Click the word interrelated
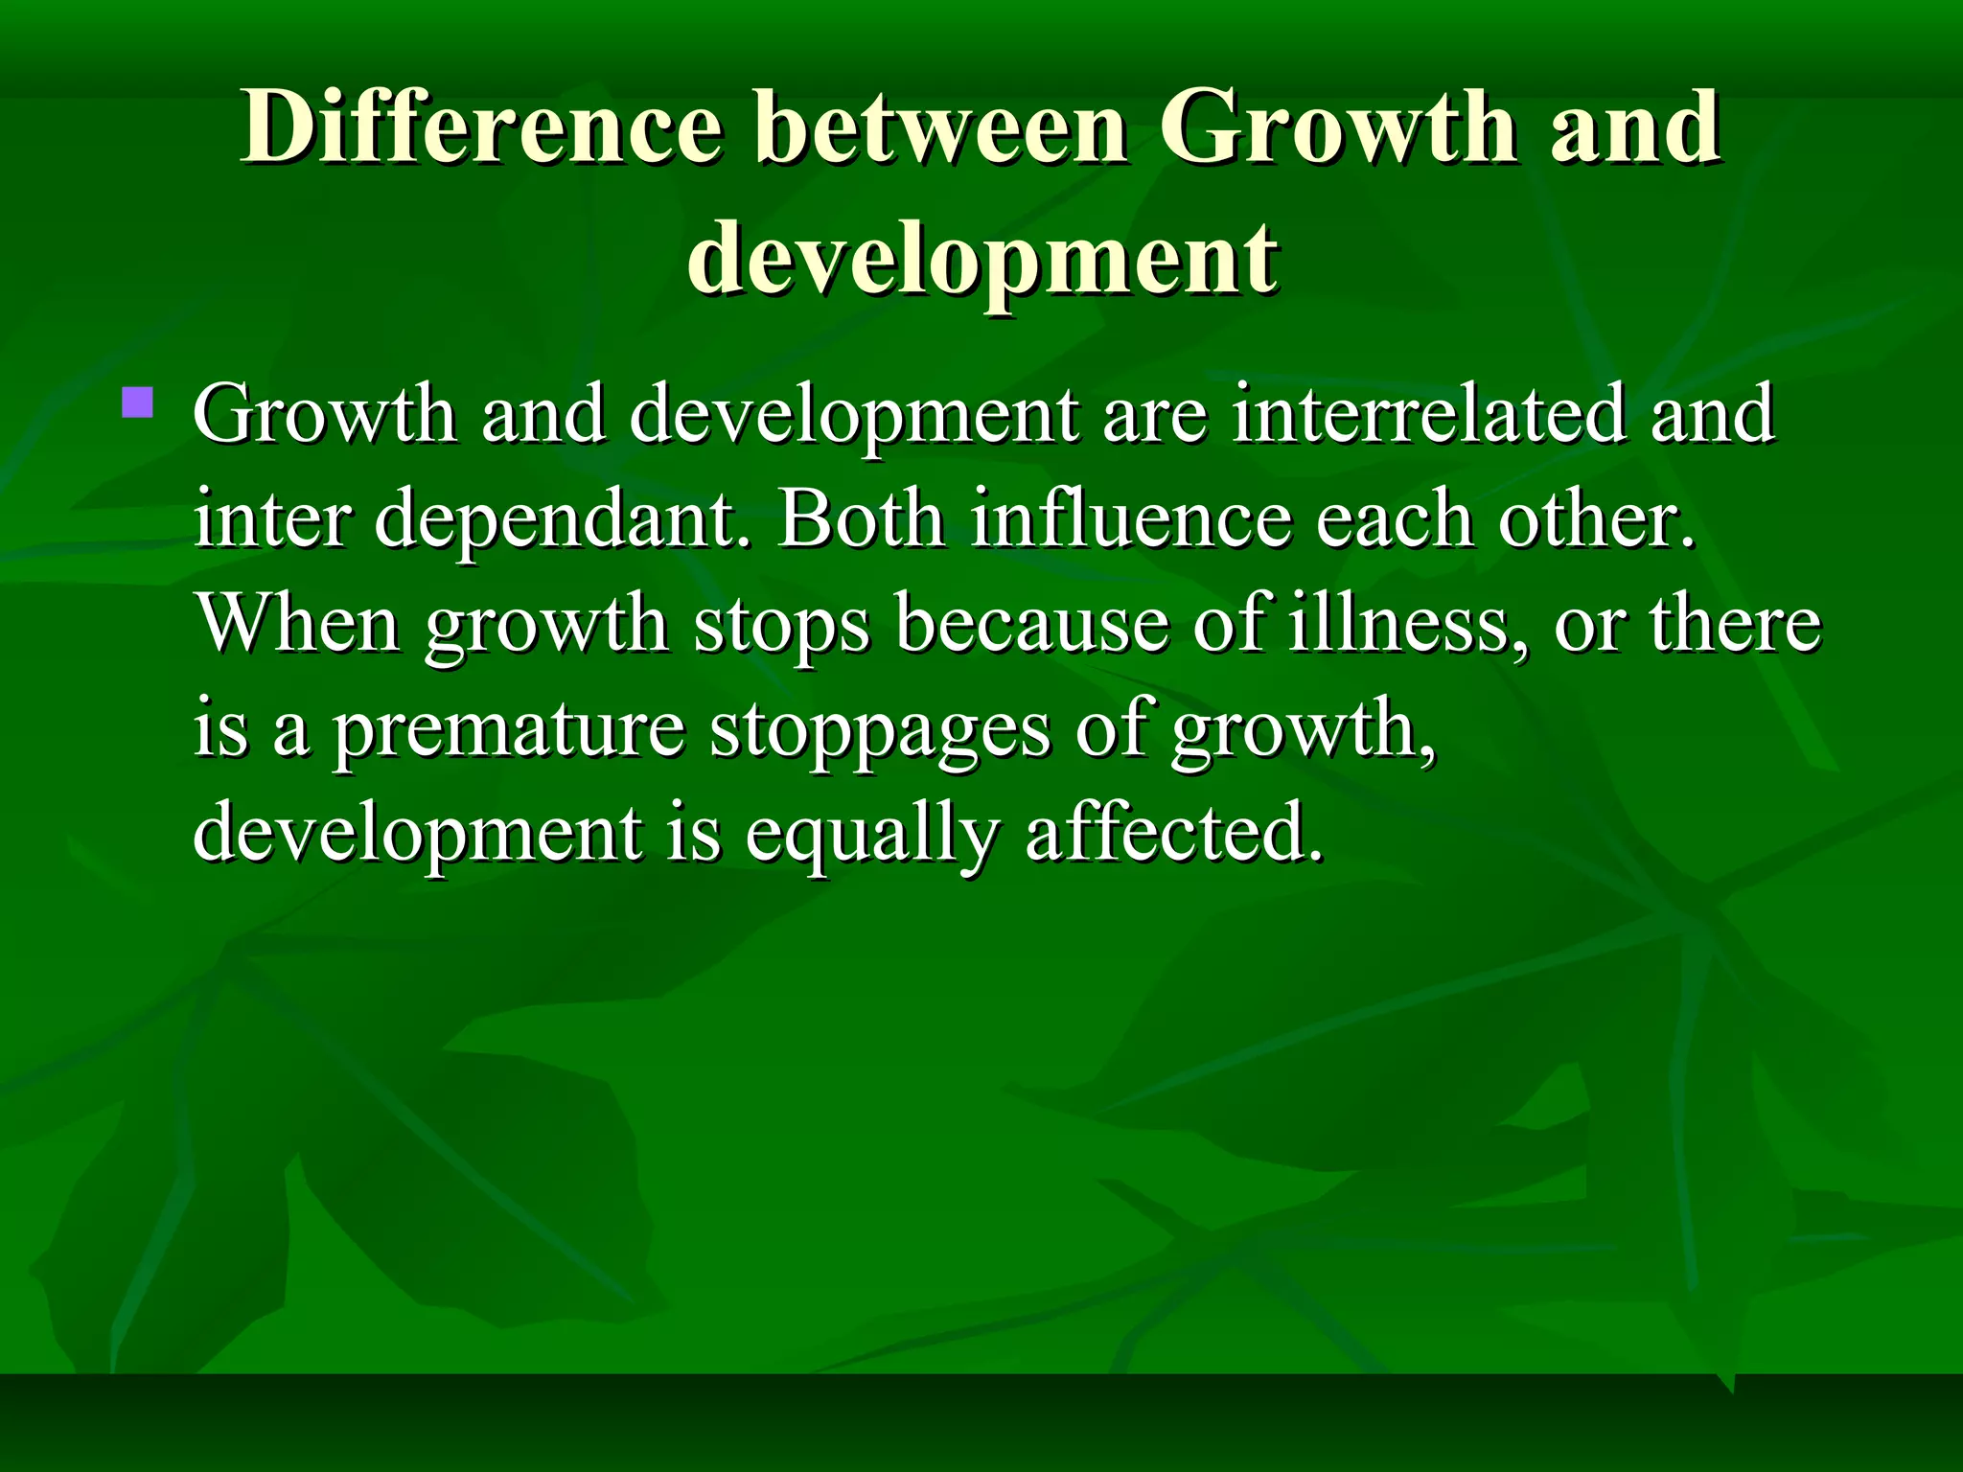(x=1428, y=414)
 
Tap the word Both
(x=861, y=518)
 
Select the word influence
(x=1130, y=518)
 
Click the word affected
(x=1174, y=832)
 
